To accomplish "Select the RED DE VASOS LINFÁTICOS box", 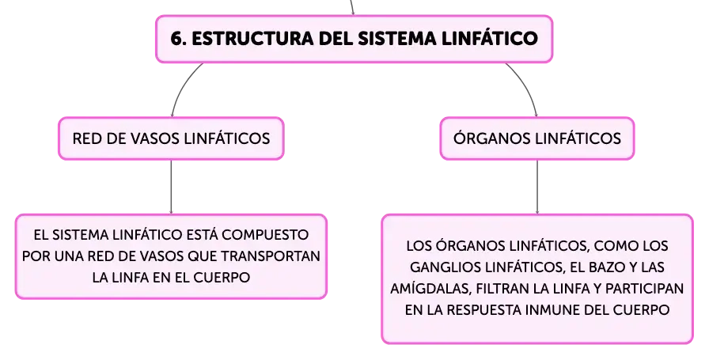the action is click(172, 138).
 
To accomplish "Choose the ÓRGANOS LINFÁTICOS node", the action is click(537, 138).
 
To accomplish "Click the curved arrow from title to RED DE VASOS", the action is click(183, 86).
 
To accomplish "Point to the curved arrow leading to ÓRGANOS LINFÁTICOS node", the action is click(526, 86).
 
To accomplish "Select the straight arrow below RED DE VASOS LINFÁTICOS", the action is click(172, 187).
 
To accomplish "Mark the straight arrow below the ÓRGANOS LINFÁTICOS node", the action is click(537, 187).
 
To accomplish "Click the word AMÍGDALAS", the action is click(431, 289).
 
